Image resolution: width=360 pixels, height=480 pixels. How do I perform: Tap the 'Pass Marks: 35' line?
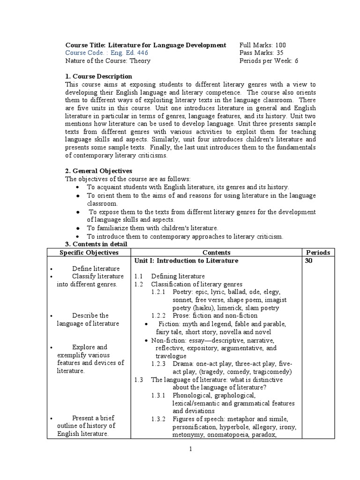(x=261, y=53)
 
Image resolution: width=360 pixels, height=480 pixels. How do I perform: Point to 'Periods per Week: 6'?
(x=269, y=60)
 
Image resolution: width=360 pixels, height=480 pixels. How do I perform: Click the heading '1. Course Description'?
(x=98, y=76)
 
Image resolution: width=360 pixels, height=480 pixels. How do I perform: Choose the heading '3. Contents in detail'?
(x=96, y=244)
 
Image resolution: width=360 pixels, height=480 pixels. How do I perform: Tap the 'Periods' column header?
(x=317, y=252)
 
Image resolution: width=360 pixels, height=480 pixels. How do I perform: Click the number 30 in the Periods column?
(x=308, y=260)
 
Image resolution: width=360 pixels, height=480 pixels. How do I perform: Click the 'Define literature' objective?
(x=96, y=268)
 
